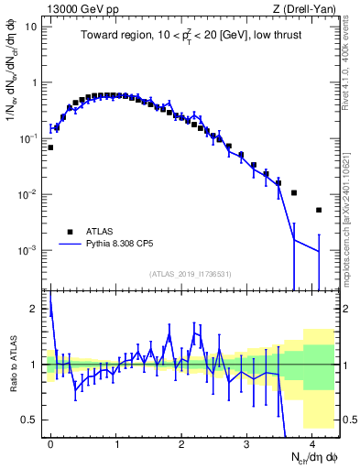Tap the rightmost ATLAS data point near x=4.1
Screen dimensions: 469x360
pyautogui.click(x=319, y=210)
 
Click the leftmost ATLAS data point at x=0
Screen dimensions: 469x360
pyautogui.click(x=50, y=147)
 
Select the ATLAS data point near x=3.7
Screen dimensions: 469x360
pyautogui.click(x=294, y=193)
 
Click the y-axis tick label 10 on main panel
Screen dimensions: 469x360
pyautogui.click(x=31, y=27)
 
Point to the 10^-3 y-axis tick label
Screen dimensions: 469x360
pyautogui.click(x=29, y=250)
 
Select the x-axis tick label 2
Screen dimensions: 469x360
pyautogui.click(x=181, y=443)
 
